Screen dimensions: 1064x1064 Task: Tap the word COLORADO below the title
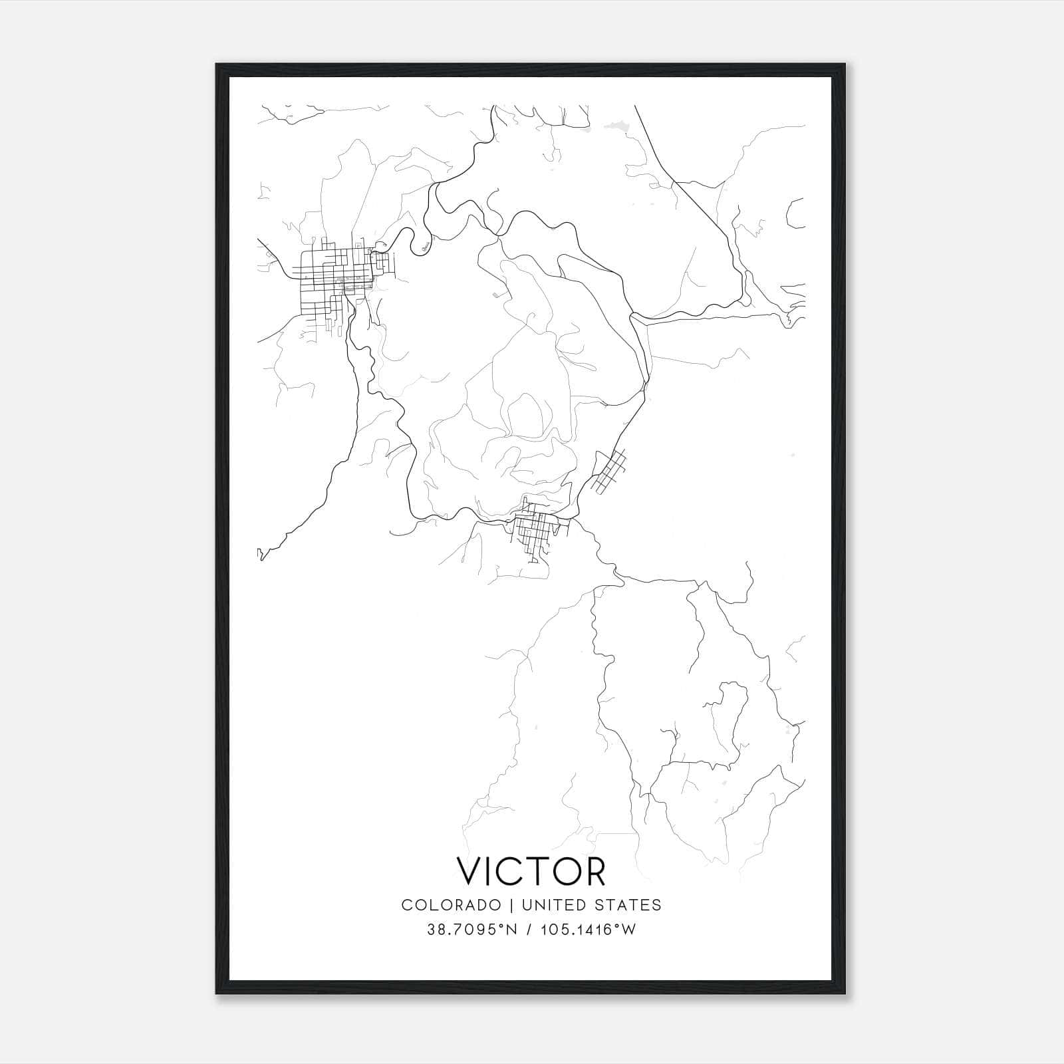click(x=451, y=904)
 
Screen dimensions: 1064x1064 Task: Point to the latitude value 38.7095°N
click(x=471, y=930)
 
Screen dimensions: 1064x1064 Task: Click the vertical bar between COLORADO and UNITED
click(x=511, y=904)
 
